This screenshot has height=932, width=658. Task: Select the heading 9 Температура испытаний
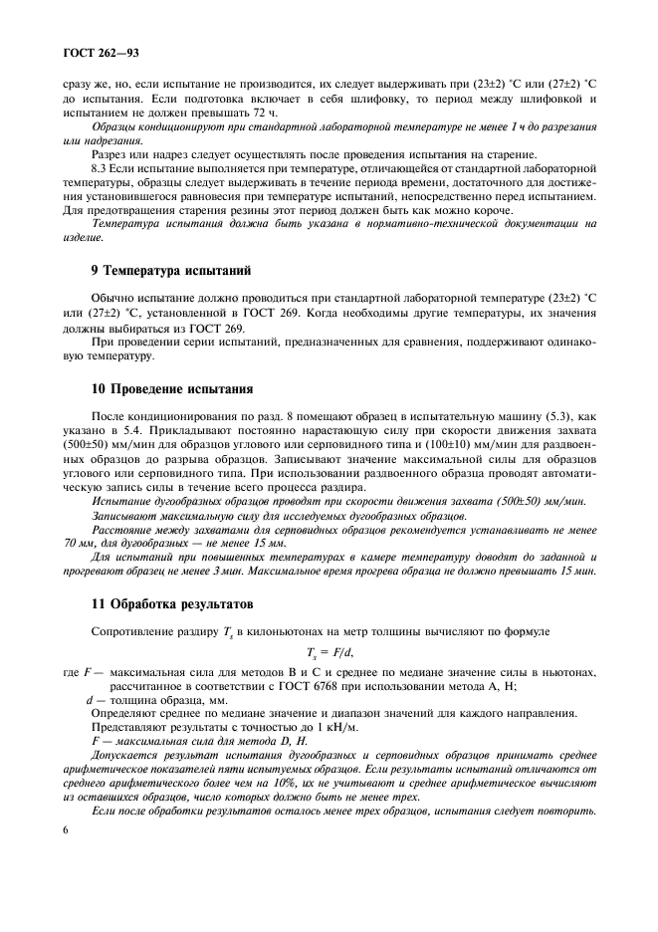(171, 270)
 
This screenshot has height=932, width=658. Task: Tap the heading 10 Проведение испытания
(172, 388)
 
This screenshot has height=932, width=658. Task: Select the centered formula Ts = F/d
(329, 653)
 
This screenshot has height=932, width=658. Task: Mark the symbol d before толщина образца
(90, 701)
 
